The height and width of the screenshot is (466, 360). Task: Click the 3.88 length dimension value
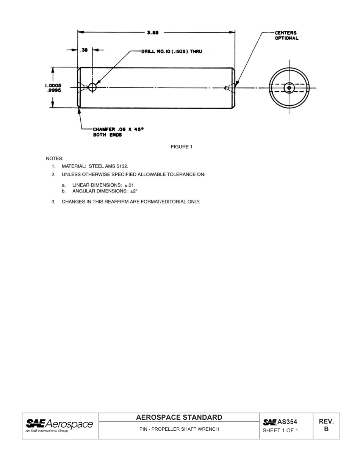[x=153, y=33]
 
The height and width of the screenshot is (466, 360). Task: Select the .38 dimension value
[x=85, y=50]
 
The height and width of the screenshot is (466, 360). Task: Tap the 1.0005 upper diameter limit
[x=53, y=86]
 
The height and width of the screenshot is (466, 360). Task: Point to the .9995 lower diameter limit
[x=54, y=91]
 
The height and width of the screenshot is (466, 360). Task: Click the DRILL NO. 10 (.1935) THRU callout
[x=171, y=51]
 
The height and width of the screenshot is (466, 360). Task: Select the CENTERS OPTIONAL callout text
[x=286, y=36]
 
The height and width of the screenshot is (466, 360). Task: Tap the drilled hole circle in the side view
[x=92, y=88]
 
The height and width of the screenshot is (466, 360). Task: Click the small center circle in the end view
[x=289, y=88]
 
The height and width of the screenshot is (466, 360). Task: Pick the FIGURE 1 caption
[x=182, y=147]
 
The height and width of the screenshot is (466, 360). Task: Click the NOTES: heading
[x=55, y=158]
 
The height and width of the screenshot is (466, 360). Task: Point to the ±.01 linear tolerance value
[x=129, y=185]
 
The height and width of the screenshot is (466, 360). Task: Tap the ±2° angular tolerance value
[x=134, y=191]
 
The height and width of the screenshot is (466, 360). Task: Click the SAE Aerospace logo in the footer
[x=59, y=425]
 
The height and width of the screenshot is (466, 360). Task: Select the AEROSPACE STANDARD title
[x=179, y=418]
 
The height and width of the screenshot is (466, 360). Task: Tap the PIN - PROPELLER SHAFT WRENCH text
[x=179, y=429]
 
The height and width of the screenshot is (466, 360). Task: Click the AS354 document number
[x=287, y=422]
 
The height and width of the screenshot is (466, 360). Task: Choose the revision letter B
[x=326, y=430]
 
